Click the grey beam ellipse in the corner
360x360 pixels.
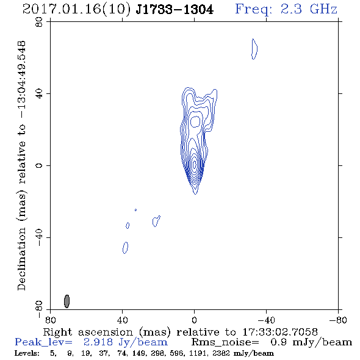coord(67,301)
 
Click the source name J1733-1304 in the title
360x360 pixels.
coord(175,10)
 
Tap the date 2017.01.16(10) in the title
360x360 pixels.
coord(77,10)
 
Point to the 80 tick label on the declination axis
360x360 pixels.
coord(39,22)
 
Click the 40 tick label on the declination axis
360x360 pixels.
coord(39,94)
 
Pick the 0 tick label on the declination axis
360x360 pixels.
coord(39,165)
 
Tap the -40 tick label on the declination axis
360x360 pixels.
coord(39,237)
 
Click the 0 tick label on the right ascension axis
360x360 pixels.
coord(194,320)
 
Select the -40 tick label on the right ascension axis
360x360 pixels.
coord(266,320)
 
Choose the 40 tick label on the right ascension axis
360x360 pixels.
coord(123,320)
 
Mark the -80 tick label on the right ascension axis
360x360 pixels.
coord(338,320)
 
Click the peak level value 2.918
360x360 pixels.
coord(98,342)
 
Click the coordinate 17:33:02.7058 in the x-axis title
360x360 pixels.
coord(280,332)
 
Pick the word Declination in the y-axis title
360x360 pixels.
coord(21,259)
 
